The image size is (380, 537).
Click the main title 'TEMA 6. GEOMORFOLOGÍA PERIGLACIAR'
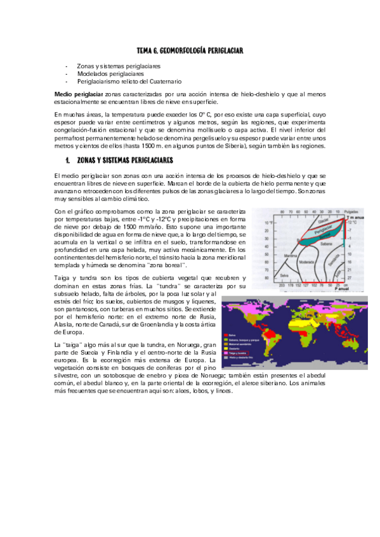tap(190, 50)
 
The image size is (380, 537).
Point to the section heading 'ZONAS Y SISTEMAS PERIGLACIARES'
tap(121, 161)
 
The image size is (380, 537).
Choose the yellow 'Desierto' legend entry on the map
tap(234, 348)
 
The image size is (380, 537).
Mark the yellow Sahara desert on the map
tap(303, 322)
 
